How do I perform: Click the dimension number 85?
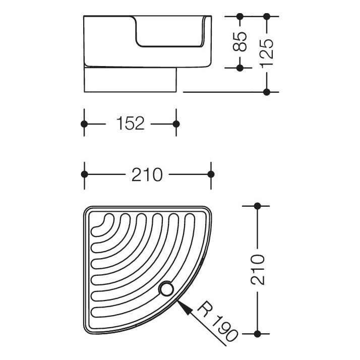239,41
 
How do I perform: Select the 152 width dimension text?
131,124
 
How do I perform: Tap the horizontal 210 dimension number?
147,175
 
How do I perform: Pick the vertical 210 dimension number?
258,270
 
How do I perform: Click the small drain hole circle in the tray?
166,289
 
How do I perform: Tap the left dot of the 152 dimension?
84,124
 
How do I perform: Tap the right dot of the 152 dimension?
176,124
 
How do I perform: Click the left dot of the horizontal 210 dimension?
85,174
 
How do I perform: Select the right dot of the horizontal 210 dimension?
211,174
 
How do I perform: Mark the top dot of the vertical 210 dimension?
257,206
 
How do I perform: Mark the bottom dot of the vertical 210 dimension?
257,334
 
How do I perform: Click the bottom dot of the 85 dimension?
239,68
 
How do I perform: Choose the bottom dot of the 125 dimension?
267,92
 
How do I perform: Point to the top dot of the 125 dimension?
267,16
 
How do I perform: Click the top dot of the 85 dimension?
239,16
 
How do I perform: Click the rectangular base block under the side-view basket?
130,80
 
